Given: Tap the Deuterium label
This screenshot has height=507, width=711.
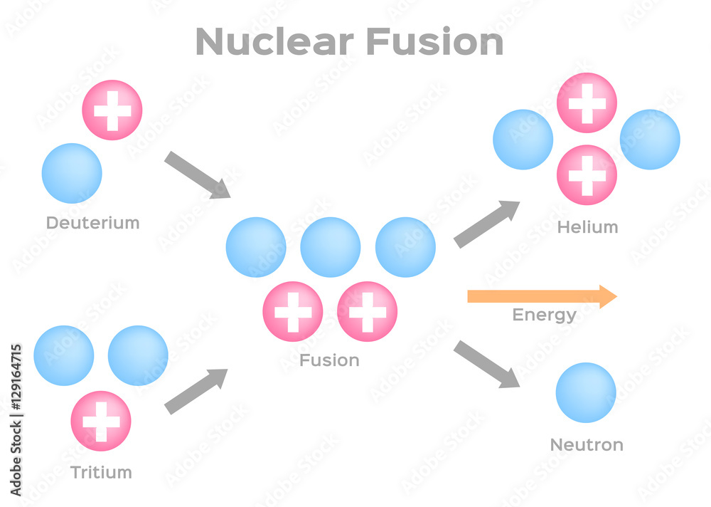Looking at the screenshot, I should click(x=92, y=223).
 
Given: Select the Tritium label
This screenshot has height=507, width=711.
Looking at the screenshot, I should click(x=101, y=472).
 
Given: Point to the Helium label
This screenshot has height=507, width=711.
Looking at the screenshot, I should click(x=587, y=227).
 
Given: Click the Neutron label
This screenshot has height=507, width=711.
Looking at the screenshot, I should click(x=587, y=445).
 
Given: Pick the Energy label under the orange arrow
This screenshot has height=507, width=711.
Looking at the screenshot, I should click(x=544, y=315).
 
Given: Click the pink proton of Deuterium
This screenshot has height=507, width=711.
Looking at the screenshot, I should click(x=112, y=110).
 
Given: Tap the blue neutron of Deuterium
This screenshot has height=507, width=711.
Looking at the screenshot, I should click(x=72, y=173).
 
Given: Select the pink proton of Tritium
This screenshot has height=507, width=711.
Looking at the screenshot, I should click(x=101, y=421).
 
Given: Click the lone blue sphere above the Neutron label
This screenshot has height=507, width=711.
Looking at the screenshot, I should click(x=586, y=393).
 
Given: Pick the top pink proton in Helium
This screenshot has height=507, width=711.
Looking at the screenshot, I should click(x=587, y=103).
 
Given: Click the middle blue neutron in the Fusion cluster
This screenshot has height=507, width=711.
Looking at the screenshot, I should click(x=331, y=247).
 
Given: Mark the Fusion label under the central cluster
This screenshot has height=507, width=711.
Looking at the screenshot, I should click(x=329, y=360).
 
